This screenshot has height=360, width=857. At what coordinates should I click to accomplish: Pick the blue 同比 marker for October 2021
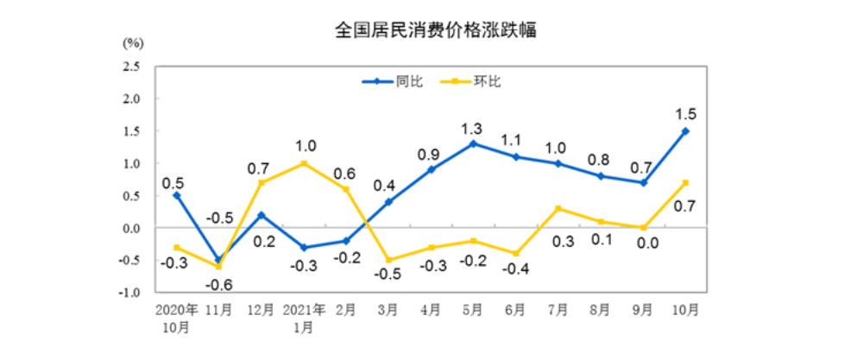[x=685, y=131]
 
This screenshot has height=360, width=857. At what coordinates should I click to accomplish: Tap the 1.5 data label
[x=686, y=112]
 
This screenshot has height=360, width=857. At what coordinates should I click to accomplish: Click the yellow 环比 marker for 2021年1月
[x=304, y=163]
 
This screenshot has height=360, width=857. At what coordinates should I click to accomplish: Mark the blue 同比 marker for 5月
[x=473, y=143]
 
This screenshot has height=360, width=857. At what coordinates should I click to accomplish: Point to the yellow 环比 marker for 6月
[x=515, y=254]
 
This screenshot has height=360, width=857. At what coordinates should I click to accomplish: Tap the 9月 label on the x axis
[x=642, y=309]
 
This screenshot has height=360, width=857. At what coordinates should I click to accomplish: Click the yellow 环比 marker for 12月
[x=262, y=183]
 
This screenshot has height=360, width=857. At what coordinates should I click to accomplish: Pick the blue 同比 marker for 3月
[x=388, y=202]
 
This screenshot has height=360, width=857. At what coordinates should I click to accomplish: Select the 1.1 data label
[x=515, y=138]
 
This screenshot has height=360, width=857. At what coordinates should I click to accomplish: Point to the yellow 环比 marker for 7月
[x=558, y=208]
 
